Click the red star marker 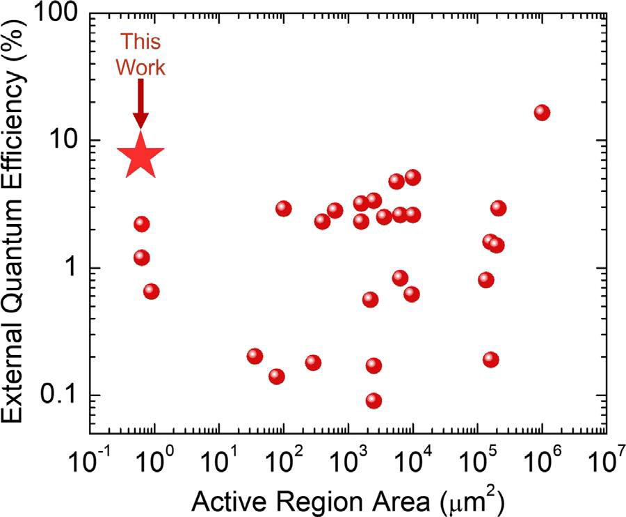click(141, 157)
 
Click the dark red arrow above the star click(141, 103)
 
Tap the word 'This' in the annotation click(141, 41)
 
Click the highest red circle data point click(542, 113)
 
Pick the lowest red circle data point click(374, 401)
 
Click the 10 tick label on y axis click(59, 141)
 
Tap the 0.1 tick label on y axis click(56, 396)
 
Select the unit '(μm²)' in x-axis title click(471, 500)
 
